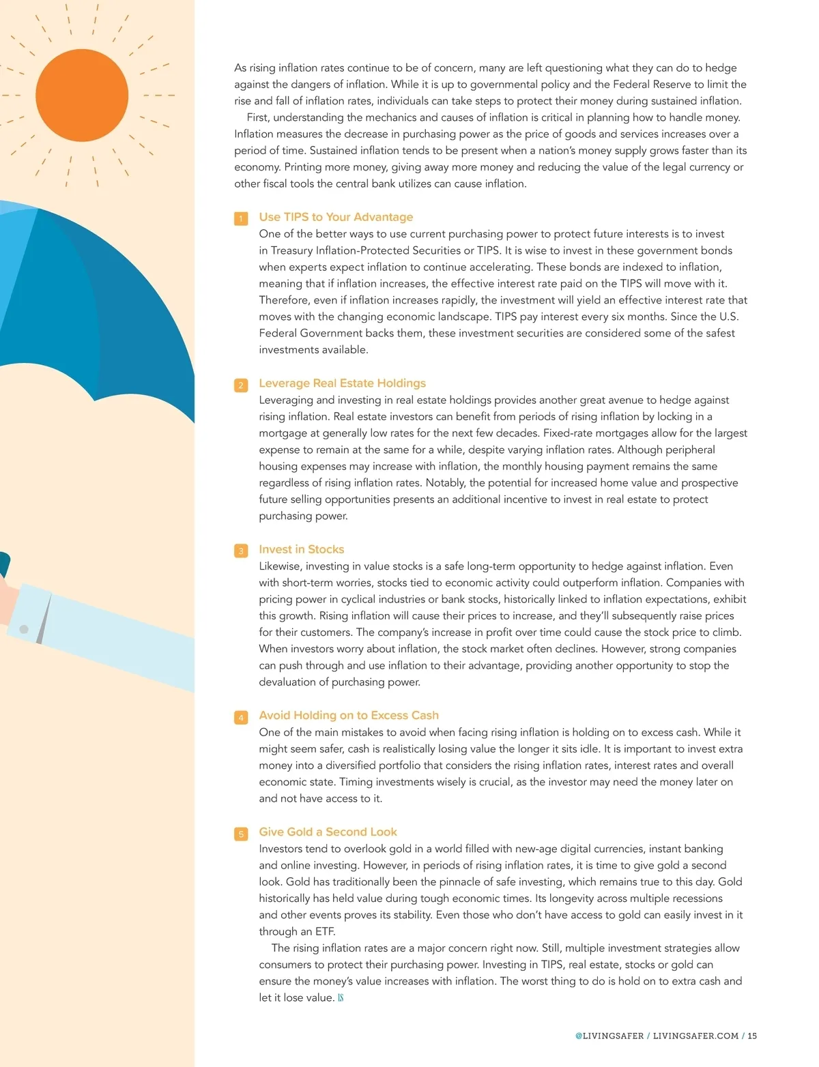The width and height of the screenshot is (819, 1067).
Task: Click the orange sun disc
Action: point(82,95)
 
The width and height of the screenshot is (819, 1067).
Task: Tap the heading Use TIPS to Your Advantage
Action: point(336,217)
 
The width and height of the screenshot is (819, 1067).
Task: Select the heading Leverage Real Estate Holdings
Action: point(342,383)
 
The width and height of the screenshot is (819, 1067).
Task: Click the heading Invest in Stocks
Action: point(301,549)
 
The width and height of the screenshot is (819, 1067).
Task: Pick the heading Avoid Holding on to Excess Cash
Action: point(349,715)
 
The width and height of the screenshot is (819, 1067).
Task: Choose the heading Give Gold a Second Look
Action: point(328,832)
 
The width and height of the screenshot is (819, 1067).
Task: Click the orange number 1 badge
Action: point(241,218)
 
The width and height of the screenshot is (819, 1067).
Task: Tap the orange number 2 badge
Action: point(241,385)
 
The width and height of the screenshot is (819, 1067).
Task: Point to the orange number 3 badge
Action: point(241,551)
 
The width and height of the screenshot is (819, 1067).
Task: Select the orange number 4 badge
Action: point(241,717)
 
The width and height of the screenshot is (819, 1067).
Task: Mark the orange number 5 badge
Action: point(241,834)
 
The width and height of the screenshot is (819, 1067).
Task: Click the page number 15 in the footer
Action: point(752,1036)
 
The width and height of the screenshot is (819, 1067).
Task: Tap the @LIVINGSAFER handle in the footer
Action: point(609,1036)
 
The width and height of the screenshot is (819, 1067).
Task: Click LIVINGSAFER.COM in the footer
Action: point(695,1036)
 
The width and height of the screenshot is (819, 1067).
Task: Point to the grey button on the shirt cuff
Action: point(24,629)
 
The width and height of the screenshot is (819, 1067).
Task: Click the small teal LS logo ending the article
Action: point(341,998)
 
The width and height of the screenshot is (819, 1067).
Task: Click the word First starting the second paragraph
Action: point(257,117)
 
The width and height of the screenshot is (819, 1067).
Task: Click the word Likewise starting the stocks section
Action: point(281,566)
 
